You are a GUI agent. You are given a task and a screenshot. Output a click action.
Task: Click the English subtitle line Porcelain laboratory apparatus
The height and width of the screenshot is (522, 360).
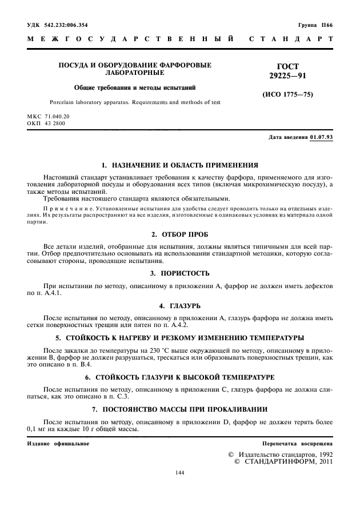click(x=135, y=102)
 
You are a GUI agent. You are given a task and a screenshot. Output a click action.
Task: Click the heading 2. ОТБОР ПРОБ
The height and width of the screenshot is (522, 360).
click(x=179, y=235)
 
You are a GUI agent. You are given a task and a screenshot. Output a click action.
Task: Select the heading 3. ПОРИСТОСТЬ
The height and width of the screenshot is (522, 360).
click(x=179, y=273)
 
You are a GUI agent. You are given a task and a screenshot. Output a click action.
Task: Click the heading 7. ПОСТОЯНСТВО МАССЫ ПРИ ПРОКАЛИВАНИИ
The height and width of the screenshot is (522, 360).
click(x=179, y=410)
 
